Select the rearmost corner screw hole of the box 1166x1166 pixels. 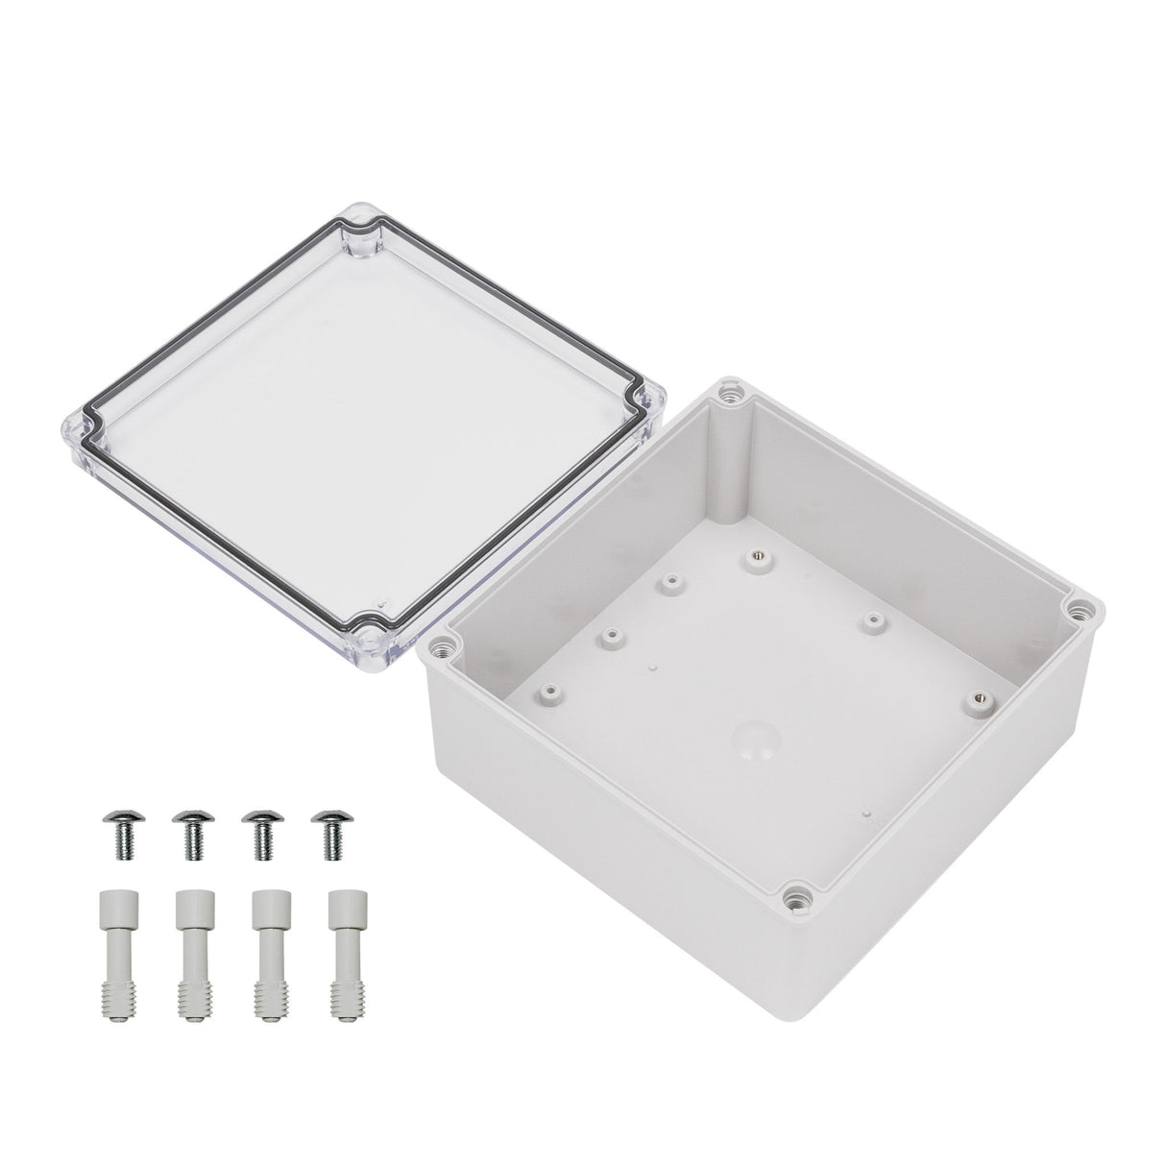coord(734,393)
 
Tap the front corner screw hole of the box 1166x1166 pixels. coord(796,897)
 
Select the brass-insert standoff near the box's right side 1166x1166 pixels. coord(978,698)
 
